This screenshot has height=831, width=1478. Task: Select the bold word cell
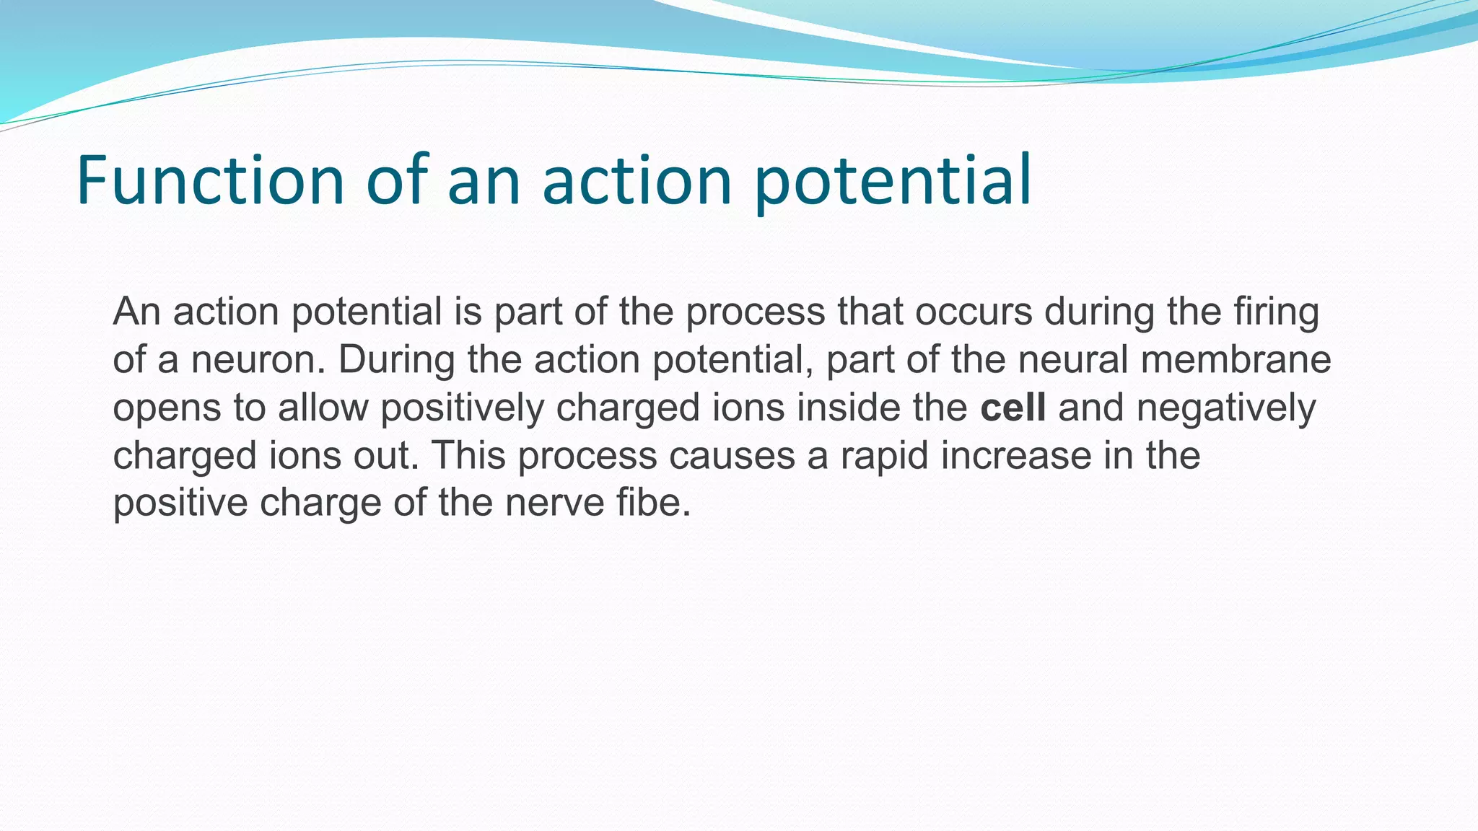1013,408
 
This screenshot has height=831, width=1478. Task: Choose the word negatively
1226,409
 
